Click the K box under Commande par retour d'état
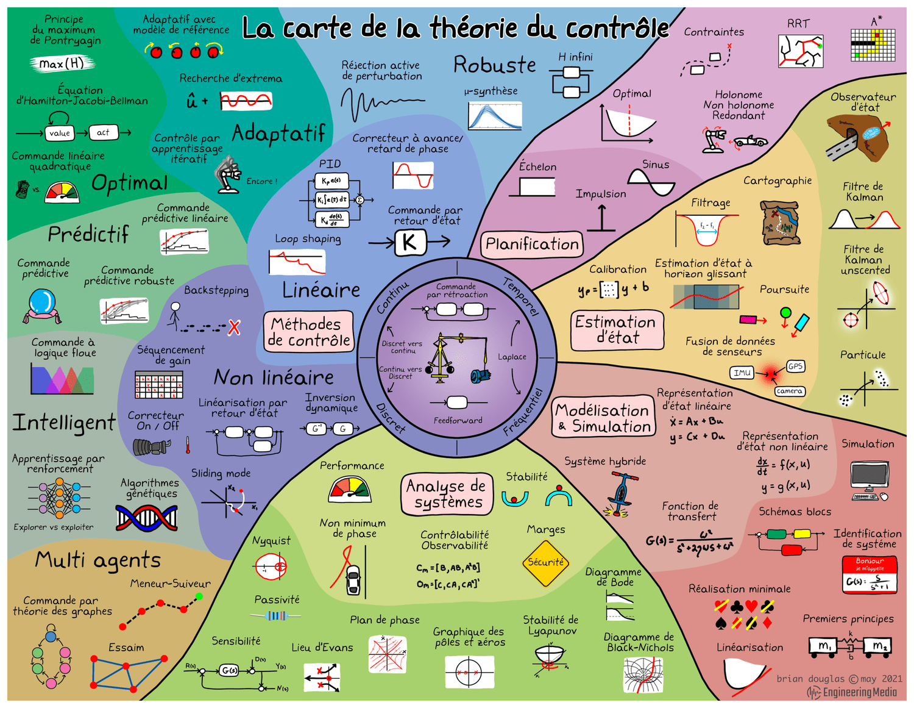409,242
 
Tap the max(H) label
62,63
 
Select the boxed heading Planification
532,245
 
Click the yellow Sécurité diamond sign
545,563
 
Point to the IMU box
742,373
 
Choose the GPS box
795,366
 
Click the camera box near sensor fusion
789,391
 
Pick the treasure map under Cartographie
779,223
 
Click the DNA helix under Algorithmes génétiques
147,518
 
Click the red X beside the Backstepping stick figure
234,327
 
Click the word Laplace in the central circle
512,357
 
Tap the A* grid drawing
874,45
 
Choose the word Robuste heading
495,65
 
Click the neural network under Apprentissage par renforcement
59,498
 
